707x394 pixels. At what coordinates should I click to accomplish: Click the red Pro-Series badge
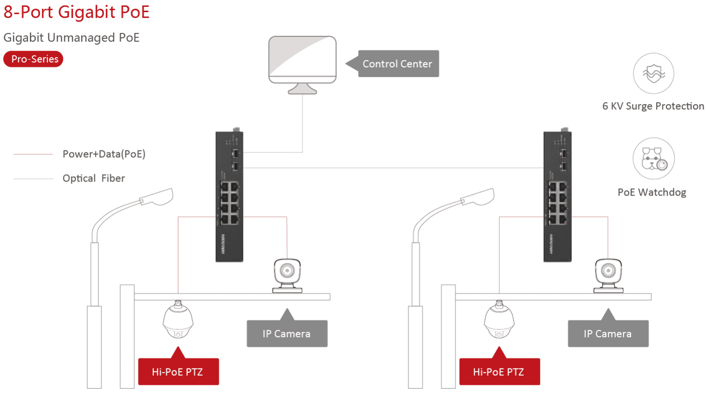[33, 59]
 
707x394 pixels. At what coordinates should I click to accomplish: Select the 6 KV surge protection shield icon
[654, 73]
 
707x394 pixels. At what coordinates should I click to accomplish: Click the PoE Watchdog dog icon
[654, 159]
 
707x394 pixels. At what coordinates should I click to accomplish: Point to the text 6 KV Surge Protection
[653, 106]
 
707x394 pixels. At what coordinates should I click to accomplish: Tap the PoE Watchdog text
[652, 192]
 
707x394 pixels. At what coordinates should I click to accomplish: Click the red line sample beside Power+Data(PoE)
[33, 154]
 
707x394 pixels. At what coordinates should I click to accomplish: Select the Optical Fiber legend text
[94, 178]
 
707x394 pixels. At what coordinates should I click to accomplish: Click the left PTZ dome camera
[178, 319]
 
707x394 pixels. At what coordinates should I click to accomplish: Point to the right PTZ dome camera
[499, 319]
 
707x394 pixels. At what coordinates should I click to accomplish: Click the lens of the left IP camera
[287, 271]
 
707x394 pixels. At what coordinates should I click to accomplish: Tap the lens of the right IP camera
[608, 271]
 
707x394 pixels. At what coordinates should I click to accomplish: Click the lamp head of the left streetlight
[157, 197]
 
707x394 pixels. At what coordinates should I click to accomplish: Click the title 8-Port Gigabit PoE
[76, 12]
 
